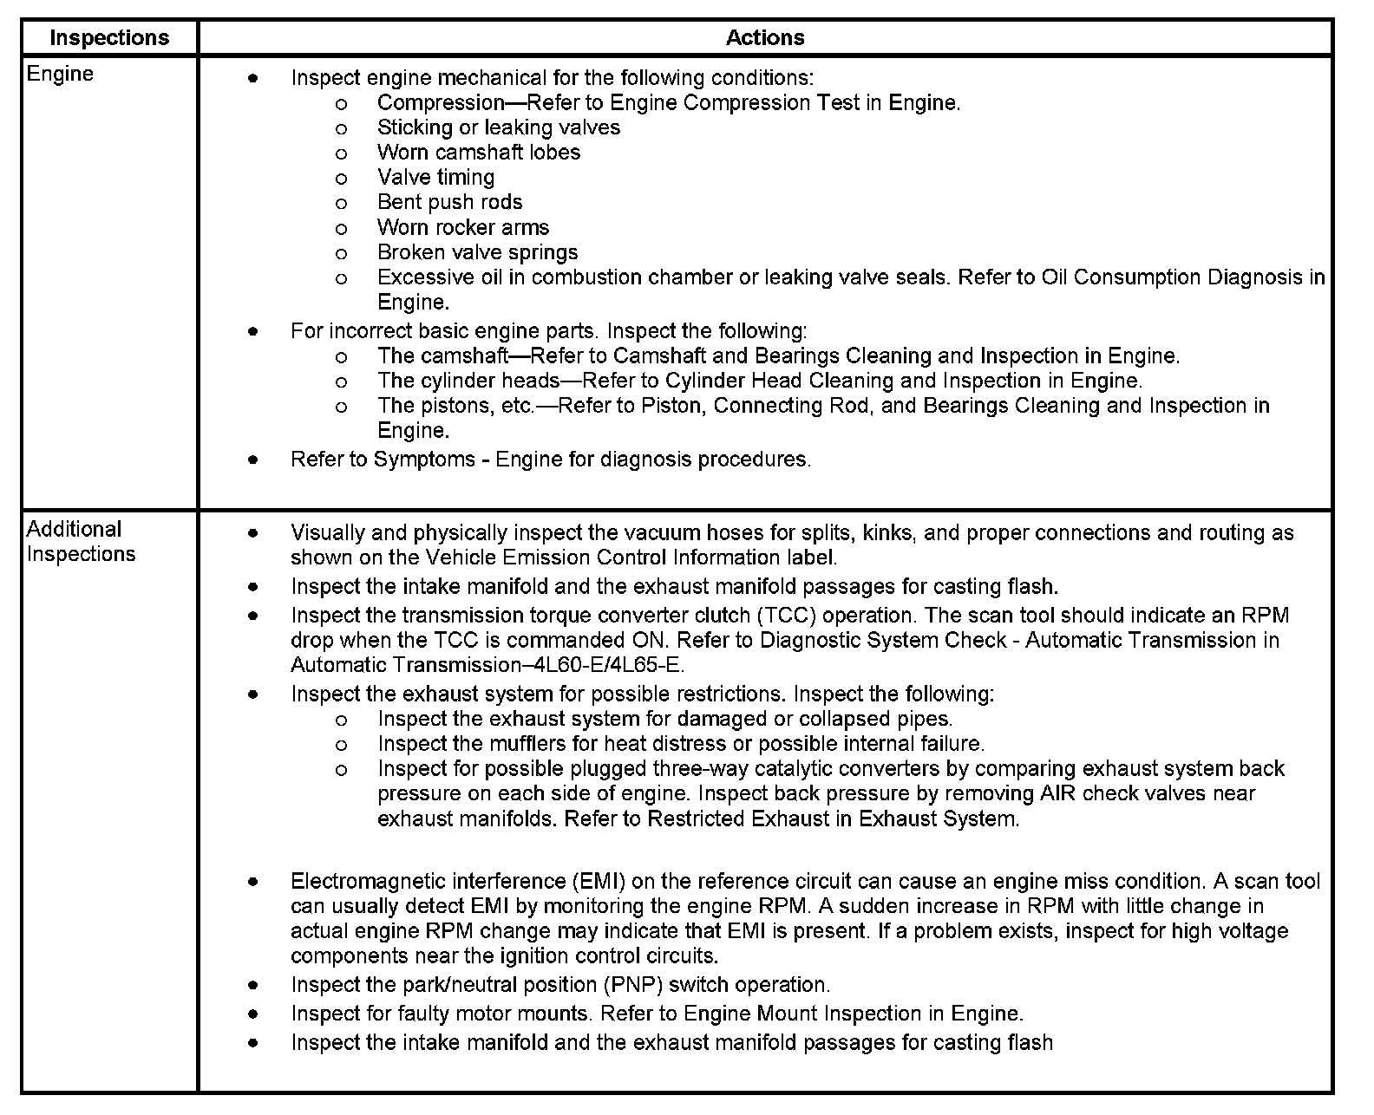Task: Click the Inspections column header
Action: point(109,38)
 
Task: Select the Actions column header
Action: point(765,38)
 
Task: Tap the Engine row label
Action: point(60,74)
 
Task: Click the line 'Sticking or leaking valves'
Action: point(499,127)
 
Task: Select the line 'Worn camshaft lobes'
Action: point(479,153)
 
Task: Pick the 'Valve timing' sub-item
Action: point(435,178)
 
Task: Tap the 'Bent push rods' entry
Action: point(449,203)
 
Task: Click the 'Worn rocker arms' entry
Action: point(463,228)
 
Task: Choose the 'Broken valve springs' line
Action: point(477,253)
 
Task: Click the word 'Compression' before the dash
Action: point(441,103)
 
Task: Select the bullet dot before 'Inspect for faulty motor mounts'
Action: point(252,1014)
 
